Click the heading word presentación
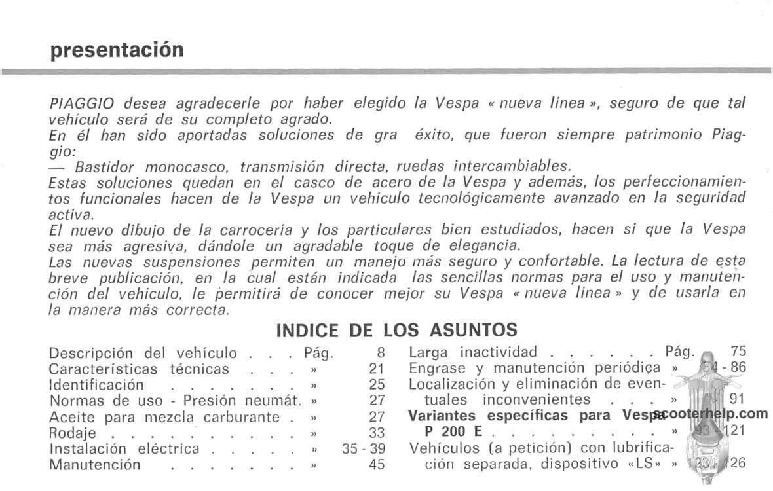tap(117, 50)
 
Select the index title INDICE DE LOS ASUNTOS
tap(396, 329)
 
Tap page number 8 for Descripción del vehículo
tap(381, 353)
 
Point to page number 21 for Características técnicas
tap(377, 369)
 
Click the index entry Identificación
tap(96, 384)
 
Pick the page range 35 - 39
tap(364, 448)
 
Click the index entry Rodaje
tap(73, 433)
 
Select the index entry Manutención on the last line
tap(95, 465)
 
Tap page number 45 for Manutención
tap(377, 465)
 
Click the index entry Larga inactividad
tap(473, 352)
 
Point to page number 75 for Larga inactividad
tap(738, 352)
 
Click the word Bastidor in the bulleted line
tap(102, 167)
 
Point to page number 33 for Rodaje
tap(377, 433)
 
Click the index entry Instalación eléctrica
tap(124, 448)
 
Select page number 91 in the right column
tap(738, 399)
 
